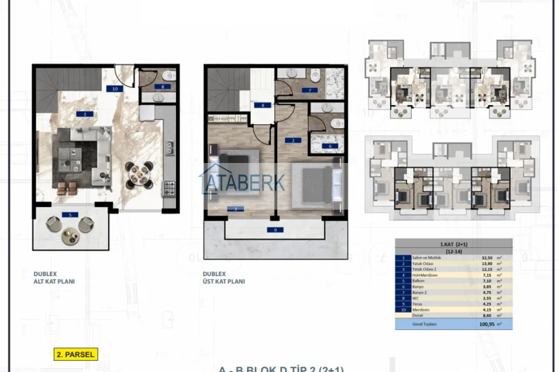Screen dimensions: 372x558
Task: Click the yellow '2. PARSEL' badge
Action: (x=75, y=354)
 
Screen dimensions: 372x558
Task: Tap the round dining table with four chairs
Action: (x=139, y=174)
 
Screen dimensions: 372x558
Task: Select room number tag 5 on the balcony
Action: (x=70, y=215)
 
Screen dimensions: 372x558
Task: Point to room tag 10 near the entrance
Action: (x=115, y=88)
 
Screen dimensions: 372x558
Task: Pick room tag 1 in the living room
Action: (x=84, y=114)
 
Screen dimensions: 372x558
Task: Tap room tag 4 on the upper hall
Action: (x=263, y=105)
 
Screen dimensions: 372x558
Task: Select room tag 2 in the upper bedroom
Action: (x=291, y=140)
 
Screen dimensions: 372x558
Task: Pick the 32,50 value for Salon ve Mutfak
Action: (x=488, y=258)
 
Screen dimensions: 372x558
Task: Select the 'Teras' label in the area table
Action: (x=418, y=304)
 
